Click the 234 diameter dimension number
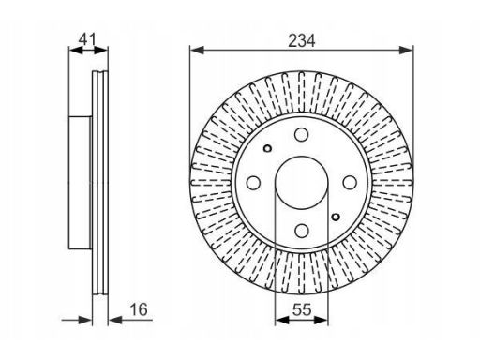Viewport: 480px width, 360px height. click(302, 41)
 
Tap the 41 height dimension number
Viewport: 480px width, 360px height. click(87, 39)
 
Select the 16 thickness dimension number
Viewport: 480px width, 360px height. click(139, 309)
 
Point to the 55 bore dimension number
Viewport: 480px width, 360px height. click(302, 309)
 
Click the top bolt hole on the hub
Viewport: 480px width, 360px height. click(302, 134)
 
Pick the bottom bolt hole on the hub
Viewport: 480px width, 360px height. click(302, 231)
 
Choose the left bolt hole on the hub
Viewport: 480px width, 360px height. click(253, 183)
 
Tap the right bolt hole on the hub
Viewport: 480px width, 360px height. click(350, 183)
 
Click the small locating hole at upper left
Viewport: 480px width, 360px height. click(268, 148)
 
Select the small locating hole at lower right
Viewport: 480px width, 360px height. click(336, 217)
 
